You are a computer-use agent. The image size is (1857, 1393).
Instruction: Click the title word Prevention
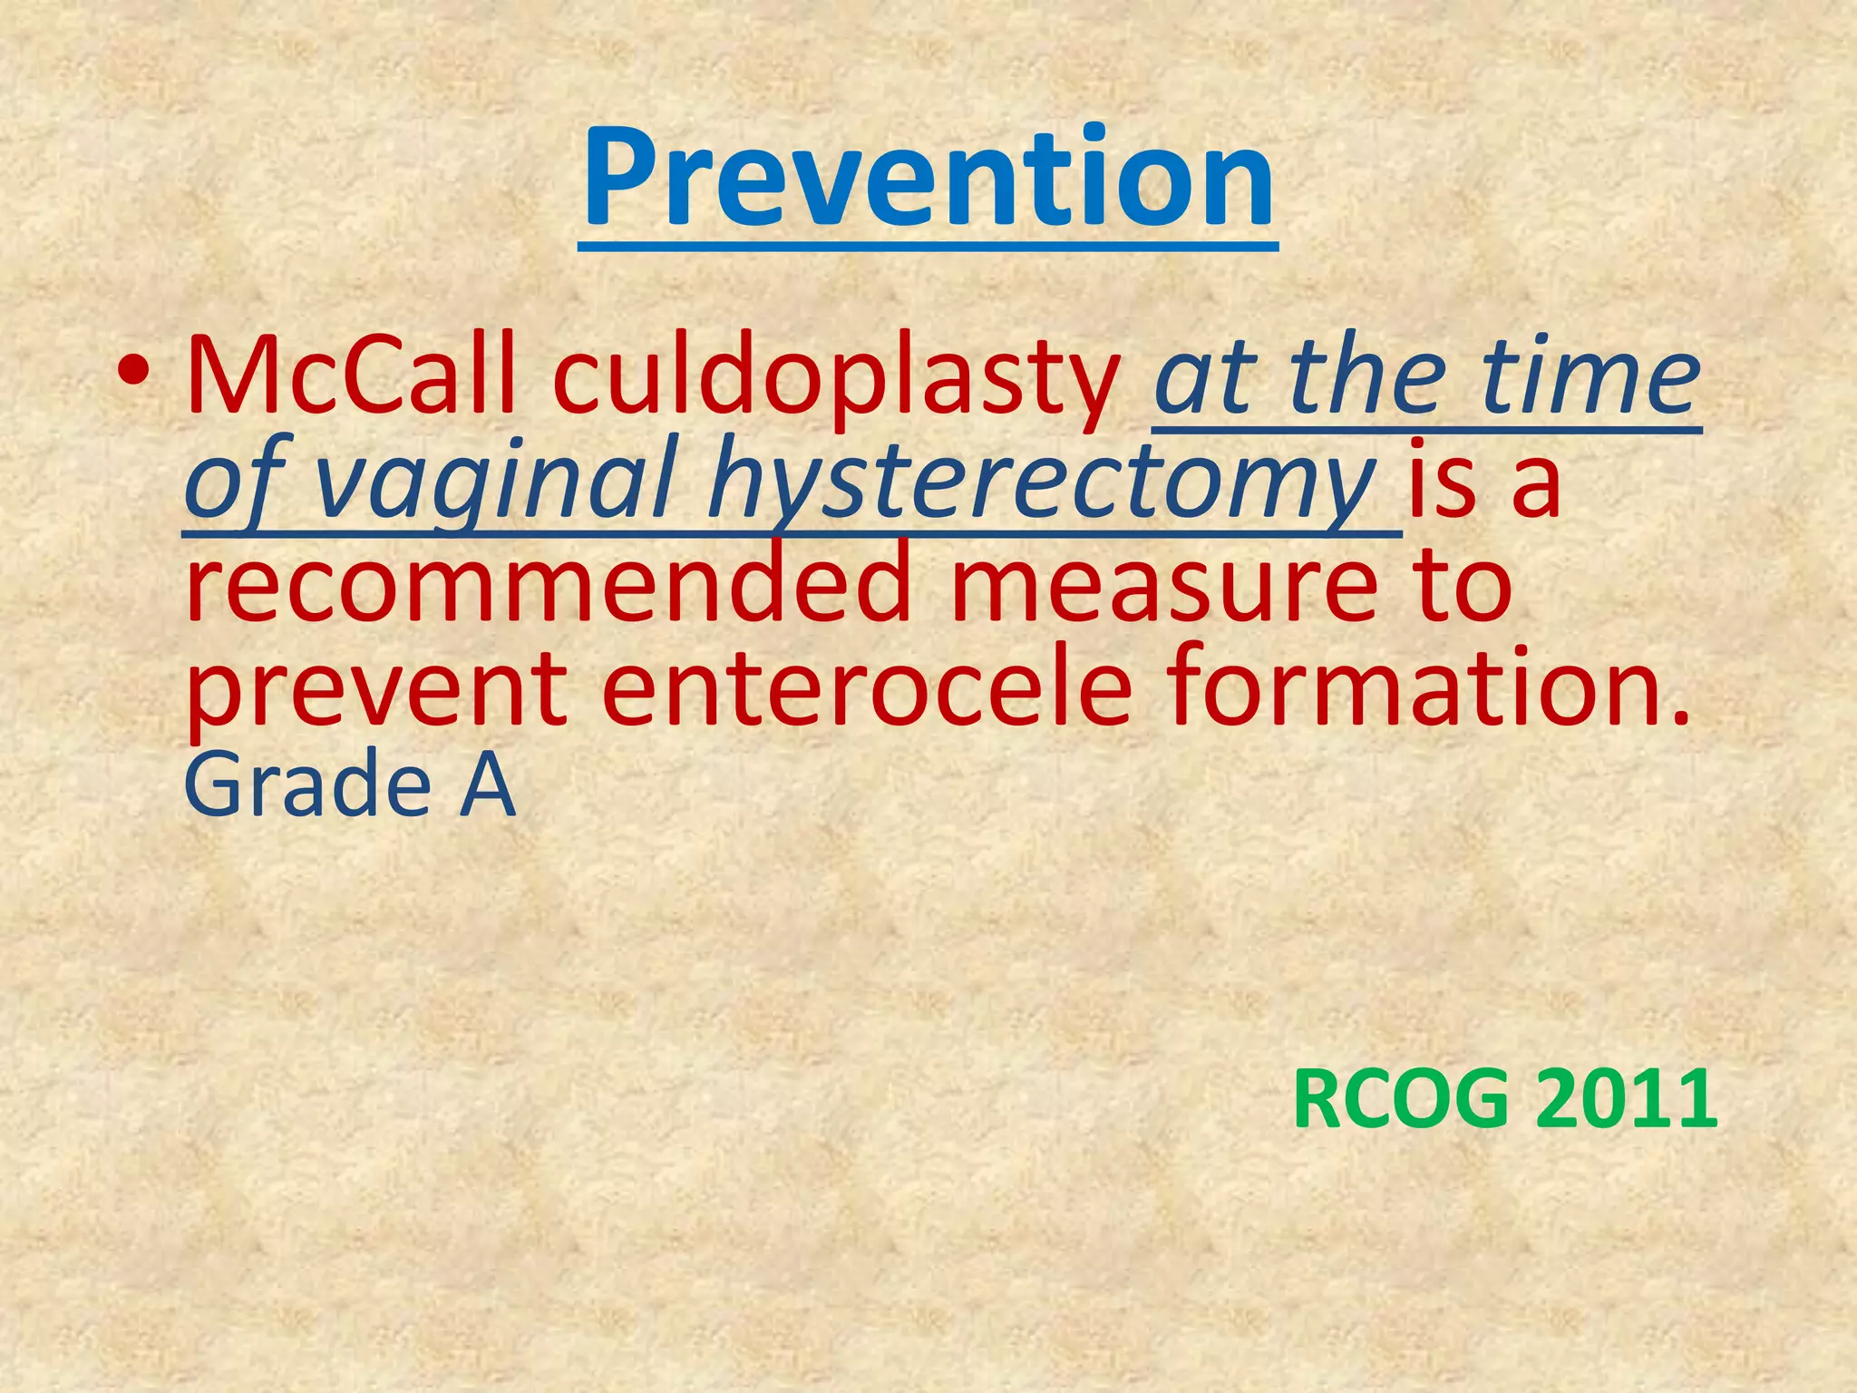pyautogui.click(x=928, y=179)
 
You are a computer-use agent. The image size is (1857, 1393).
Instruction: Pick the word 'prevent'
pyautogui.click(x=377, y=689)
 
